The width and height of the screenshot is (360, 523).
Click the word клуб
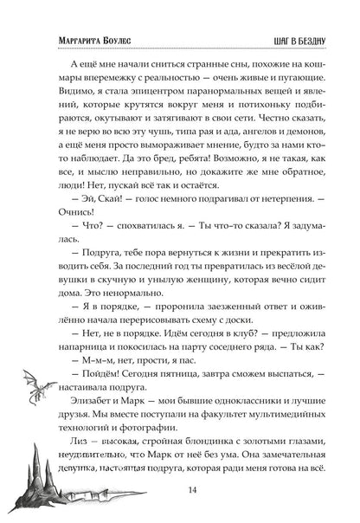coord(208,341)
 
